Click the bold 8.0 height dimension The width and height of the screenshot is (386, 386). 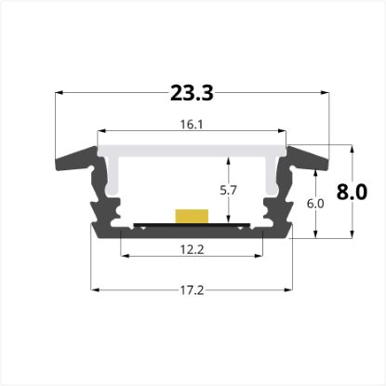tap(352, 193)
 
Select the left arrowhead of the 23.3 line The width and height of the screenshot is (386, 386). tap(60, 93)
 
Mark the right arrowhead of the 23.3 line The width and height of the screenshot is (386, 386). tap(326, 93)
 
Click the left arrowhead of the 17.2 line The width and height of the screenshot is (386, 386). tap(93, 289)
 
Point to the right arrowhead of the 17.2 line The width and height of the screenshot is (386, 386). tap(289, 289)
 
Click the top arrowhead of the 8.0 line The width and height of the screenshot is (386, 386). tap(352, 147)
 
